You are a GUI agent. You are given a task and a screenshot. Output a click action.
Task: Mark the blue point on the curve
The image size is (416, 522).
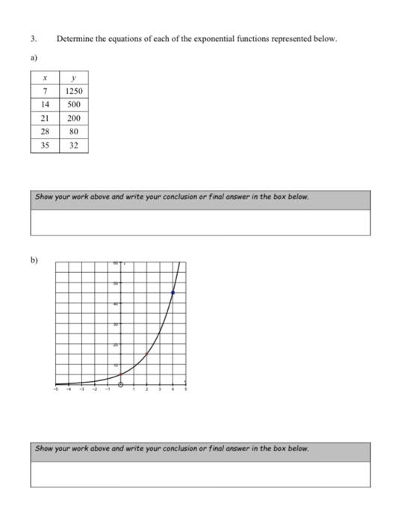coord(173,294)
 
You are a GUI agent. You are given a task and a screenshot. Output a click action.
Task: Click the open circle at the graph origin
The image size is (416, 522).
coord(121,386)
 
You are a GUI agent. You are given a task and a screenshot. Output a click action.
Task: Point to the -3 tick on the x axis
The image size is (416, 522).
coord(82,390)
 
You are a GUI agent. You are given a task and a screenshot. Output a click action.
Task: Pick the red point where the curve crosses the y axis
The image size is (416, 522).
coord(121,373)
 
